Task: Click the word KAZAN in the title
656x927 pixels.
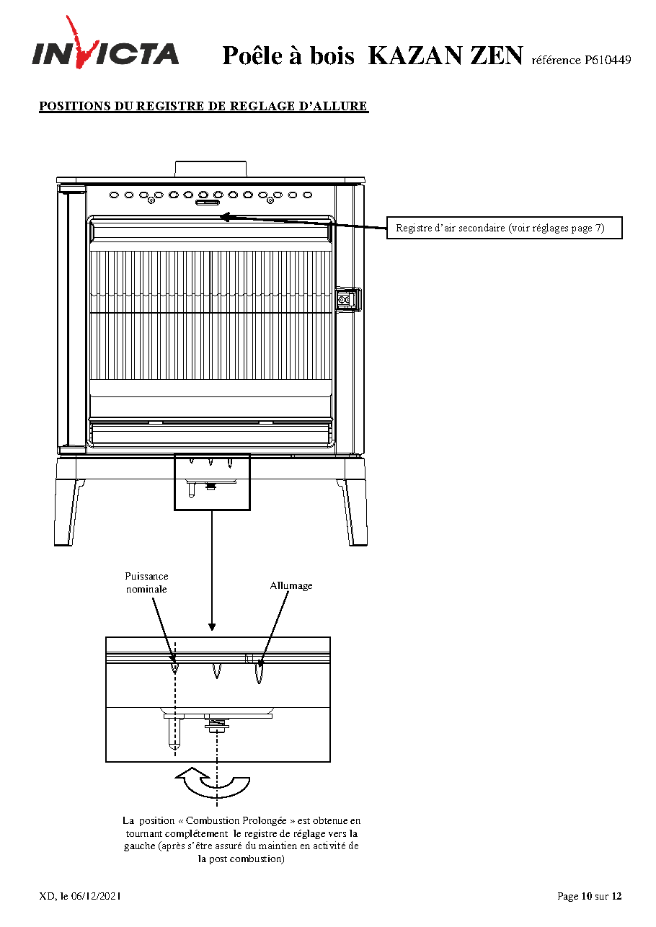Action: (415, 56)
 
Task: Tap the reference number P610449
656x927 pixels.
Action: (608, 61)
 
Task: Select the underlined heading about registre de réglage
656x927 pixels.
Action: (203, 106)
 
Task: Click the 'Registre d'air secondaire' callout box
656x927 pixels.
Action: (504, 228)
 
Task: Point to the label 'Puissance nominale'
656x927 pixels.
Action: (146, 582)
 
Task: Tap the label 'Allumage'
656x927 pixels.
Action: (291, 585)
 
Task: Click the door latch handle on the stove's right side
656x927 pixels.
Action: (348, 299)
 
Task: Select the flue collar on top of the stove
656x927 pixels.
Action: (210, 169)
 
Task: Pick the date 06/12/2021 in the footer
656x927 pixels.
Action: (95, 896)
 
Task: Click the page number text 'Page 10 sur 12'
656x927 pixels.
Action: (590, 896)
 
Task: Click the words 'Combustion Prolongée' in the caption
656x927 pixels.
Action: (236, 820)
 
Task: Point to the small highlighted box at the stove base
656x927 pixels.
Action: (213, 482)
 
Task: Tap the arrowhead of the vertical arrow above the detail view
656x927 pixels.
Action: (212, 627)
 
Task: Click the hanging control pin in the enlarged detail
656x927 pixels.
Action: (174, 733)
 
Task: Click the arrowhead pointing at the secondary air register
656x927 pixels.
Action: (226, 217)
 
